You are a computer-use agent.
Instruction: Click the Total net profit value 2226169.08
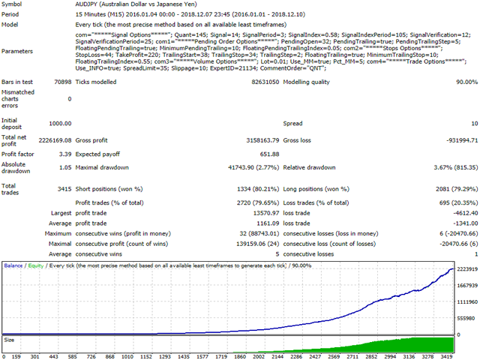tap(55, 140)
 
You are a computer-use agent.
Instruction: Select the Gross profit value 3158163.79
tap(262, 140)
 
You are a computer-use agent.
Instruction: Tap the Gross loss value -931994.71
tap(462, 140)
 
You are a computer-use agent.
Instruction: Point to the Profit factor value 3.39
tap(65, 154)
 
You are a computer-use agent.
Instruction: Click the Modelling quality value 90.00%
tap(466, 82)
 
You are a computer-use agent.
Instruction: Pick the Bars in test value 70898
tap(63, 82)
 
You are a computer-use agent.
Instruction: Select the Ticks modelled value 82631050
tap(265, 82)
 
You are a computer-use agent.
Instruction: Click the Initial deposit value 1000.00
tap(60, 123)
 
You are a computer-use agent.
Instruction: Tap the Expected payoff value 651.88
tap(270, 154)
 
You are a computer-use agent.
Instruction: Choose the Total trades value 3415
tap(64, 189)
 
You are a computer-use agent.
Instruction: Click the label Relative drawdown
tap(309, 167)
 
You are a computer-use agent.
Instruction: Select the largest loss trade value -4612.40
tap(466, 213)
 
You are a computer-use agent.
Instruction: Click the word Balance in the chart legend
tap(13, 265)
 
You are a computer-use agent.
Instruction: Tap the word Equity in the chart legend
tap(36, 265)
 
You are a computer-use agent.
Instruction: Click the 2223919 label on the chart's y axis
tap(467, 269)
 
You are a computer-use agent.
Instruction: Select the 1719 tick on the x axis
tap(221, 357)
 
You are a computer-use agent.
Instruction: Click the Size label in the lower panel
tap(9, 340)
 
